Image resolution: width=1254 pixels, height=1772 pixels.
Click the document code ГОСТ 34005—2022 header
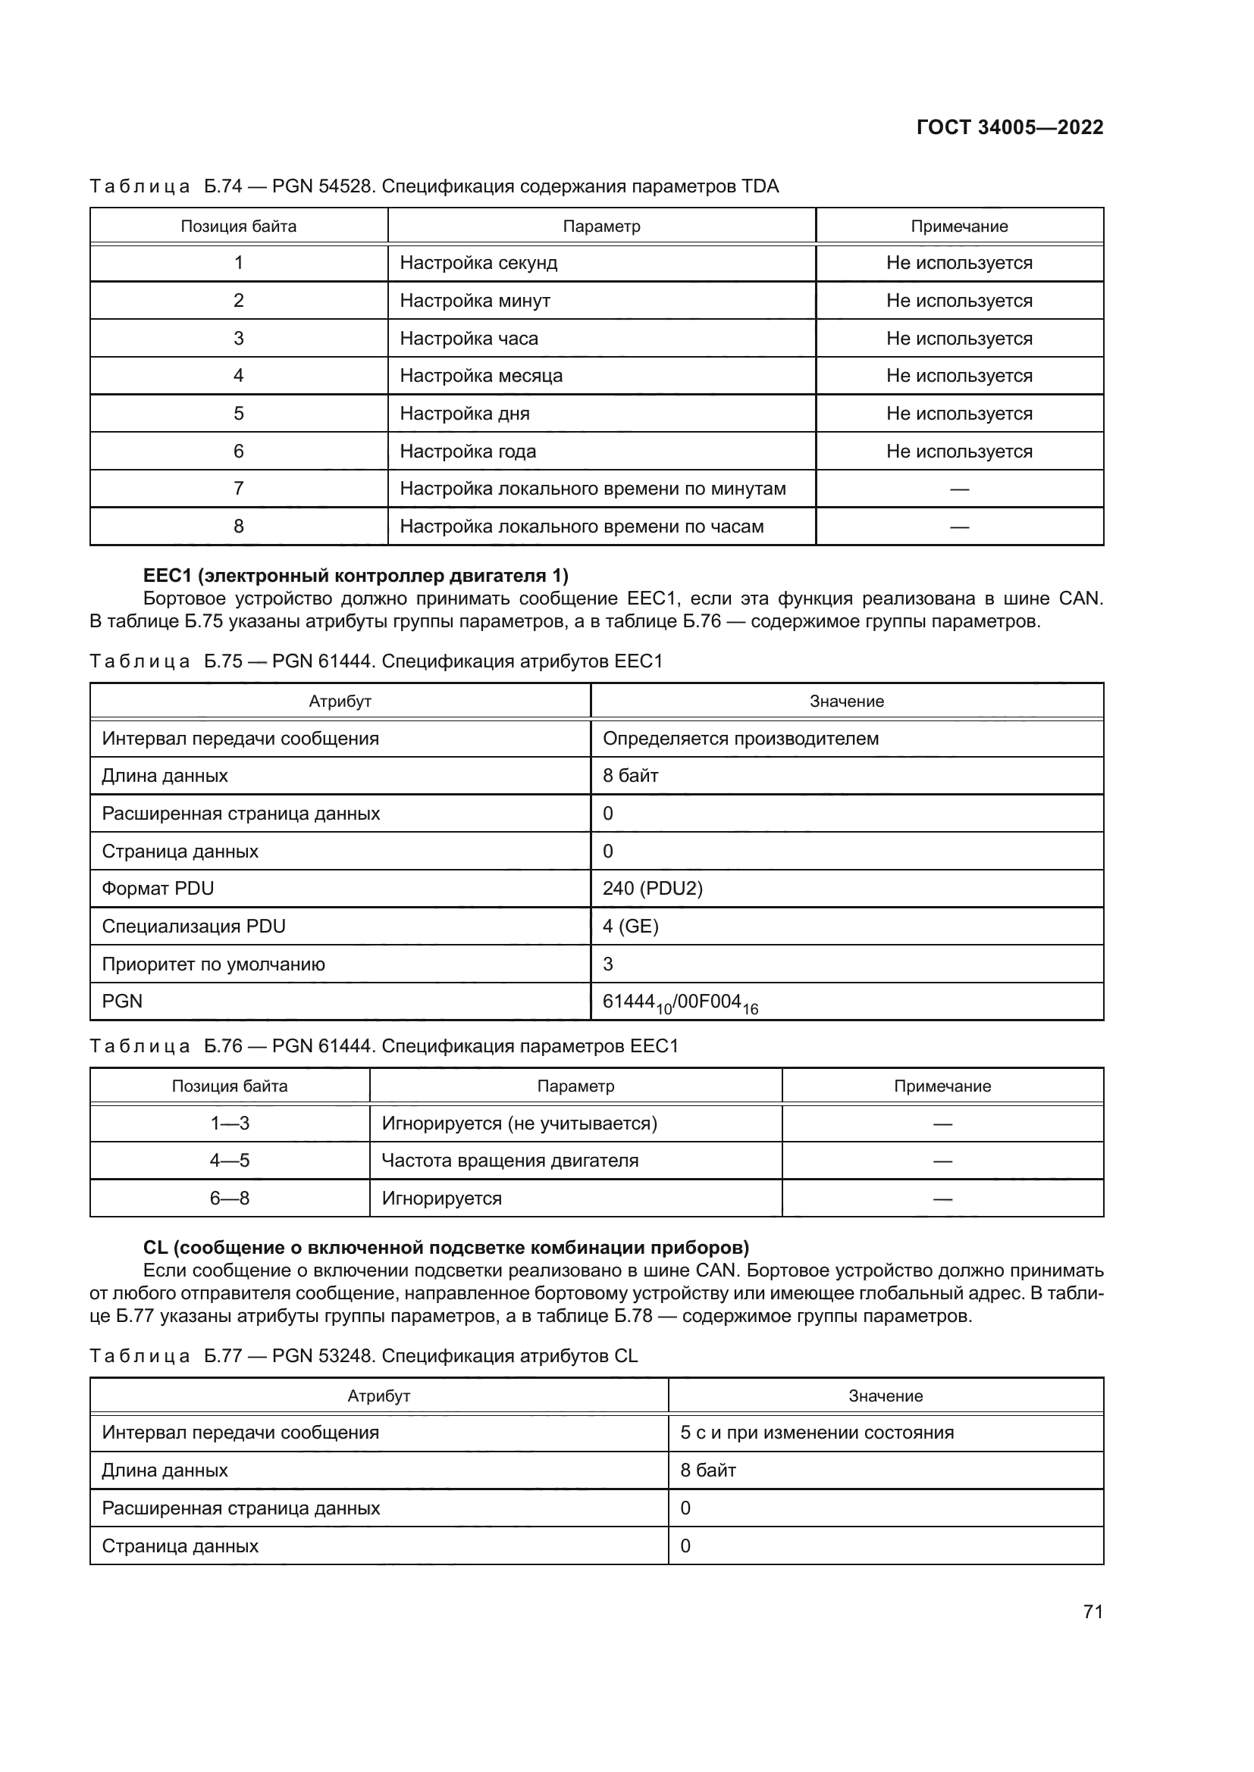coord(1009,127)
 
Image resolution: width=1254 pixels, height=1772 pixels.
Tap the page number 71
coord(1093,1611)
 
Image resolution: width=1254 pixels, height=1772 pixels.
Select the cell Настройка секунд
coord(478,263)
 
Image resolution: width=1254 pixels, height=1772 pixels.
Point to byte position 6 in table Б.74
coord(239,452)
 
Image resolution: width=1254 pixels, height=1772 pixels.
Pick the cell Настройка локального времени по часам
coord(581,527)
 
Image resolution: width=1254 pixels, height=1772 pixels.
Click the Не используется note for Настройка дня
coord(958,414)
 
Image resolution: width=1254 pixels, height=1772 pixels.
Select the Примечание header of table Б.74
coord(958,226)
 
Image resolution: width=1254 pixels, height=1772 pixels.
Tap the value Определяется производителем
coord(740,739)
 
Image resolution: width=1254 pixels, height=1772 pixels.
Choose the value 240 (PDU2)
coord(652,889)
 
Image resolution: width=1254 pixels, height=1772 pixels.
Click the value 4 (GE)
coord(630,926)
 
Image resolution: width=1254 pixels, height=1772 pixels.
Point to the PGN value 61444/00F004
coord(679,1002)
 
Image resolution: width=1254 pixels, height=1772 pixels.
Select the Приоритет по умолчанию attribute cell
coord(213,964)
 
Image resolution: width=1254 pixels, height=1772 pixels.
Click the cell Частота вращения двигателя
coord(509,1161)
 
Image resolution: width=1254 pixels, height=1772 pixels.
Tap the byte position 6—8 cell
coord(229,1199)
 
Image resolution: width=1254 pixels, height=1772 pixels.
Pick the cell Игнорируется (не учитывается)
coord(519,1123)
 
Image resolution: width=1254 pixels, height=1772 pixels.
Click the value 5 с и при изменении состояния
coord(817,1433)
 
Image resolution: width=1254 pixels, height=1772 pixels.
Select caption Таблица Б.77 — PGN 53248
coord(363,1356)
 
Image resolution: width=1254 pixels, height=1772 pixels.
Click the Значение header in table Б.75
coord(846,702)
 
